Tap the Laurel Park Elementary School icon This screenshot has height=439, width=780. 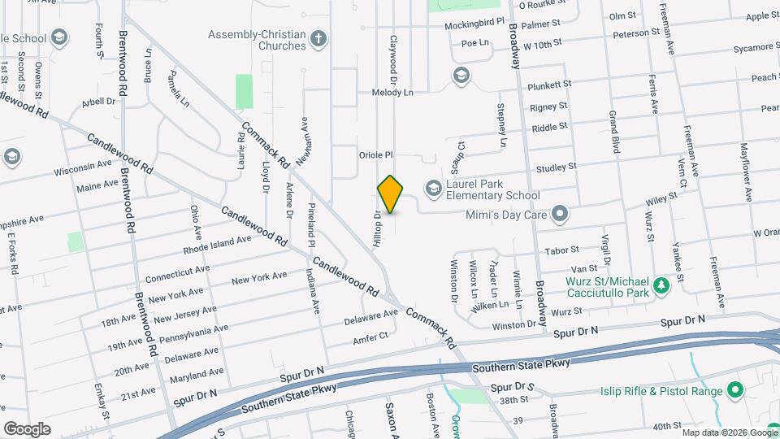click(x=432, y=189)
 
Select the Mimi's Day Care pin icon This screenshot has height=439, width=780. click(x=559, y=215)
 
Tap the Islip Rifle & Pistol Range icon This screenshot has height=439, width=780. click(x=735, y=392)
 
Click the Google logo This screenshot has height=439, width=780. click(x=27, y=428)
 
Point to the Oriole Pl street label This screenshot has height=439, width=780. click(x=376, y=154)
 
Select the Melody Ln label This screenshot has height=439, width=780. click(x=392, y=93)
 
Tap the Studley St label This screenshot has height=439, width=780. click(x=556, y=167)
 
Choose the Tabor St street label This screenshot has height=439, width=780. click(x=561, y=250)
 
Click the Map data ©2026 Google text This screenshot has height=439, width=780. click(x=729, y=432)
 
